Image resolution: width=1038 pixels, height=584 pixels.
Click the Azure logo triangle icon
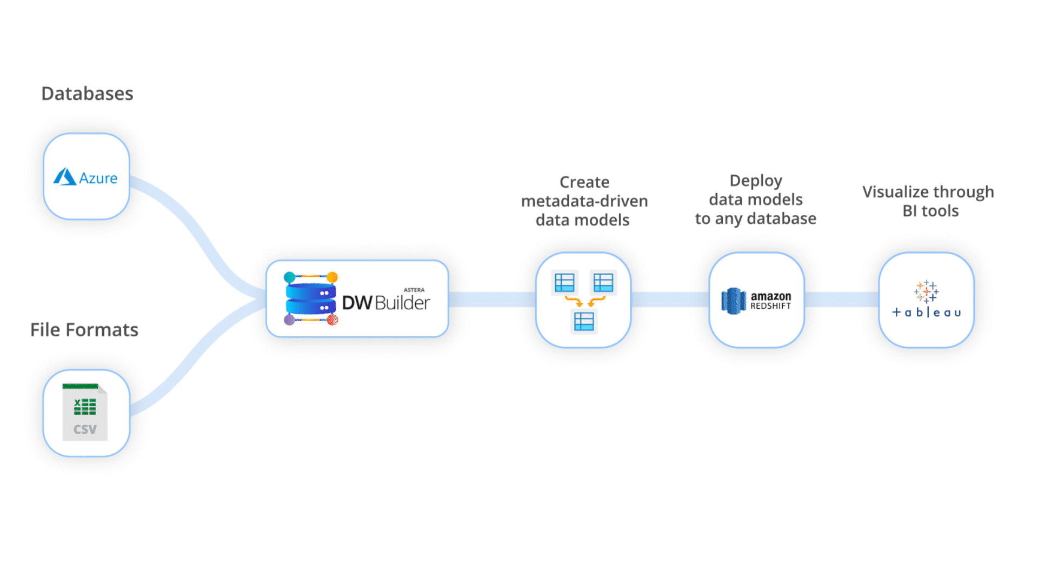point(65,177)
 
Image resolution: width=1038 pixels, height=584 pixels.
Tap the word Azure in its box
point(98,178)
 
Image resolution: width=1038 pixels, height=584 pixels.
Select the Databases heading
point(87,94)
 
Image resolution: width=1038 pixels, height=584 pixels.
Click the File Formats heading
point(84,330)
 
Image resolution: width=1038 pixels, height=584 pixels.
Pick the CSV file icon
point(85,413)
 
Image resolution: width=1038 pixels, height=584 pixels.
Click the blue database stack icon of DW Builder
point(311,299)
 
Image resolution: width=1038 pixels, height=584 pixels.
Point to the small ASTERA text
point(414,290)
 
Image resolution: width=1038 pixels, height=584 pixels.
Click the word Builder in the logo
point(402,303)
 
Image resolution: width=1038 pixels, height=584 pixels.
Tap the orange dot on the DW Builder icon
point(332,277)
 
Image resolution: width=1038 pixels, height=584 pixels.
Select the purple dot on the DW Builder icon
point(289,320)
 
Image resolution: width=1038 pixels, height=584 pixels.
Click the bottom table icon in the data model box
point(584,322)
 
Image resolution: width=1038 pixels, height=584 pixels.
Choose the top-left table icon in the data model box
point(564,283)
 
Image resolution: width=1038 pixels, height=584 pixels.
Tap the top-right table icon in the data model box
point(603,283)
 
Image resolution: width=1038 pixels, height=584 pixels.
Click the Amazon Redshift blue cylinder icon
point(733,301)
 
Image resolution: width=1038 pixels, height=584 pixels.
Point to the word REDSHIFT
point(770,306)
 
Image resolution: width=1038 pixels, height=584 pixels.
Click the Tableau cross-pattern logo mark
point(926,291)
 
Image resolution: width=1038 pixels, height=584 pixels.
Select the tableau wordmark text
point(927,313)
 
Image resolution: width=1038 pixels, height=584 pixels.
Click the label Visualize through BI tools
point(928,201)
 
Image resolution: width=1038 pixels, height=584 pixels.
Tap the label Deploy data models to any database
point(756,200)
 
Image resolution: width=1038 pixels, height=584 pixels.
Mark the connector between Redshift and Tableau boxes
point(841,299)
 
